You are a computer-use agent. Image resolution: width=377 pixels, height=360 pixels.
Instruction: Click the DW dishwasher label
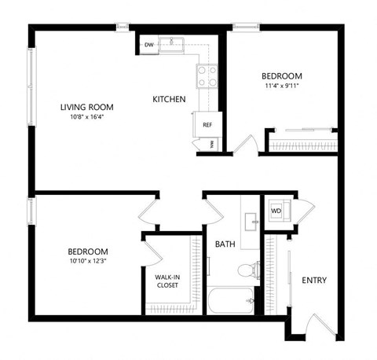tap(148, 46)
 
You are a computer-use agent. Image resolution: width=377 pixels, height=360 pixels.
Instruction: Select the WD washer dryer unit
tap(276, 211)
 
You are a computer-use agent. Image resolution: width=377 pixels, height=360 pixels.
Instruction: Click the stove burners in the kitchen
tap(207, 76)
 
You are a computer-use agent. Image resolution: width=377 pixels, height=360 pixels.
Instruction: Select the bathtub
tap(231, 300)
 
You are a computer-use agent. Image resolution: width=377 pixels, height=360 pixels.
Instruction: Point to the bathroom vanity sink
tap(250, 221)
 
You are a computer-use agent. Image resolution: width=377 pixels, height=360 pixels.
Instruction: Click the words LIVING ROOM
tap(86, 107)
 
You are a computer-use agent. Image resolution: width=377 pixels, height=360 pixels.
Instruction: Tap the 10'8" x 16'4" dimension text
tap(86, 119)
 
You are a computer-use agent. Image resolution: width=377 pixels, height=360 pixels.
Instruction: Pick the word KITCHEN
tap(169, 99)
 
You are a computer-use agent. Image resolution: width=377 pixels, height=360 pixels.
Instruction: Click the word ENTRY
tap(314, 281)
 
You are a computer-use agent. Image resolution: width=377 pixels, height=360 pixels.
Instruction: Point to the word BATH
tap(225, 244)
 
